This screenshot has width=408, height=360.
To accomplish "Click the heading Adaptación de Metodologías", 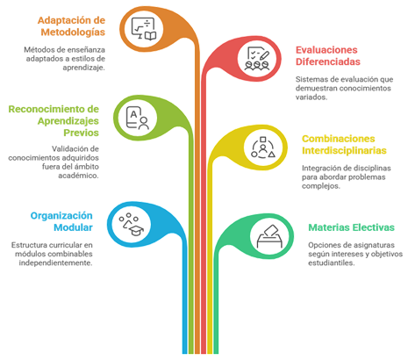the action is pyautogui.click(x=71, y=26).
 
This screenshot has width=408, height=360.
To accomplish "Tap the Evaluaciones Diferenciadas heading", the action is pyautogui.click(x=328, y=56).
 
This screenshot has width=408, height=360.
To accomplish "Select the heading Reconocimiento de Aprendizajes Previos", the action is pyautogui.click(x=54, y=121).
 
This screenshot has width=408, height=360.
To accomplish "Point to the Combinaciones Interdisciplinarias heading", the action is pyautogui.click(x=344, y=145).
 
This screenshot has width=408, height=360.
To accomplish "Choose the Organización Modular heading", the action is pyautogui.click(x=61, y=221).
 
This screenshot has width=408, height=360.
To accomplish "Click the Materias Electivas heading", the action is pyautogui.click(x=351, y=227).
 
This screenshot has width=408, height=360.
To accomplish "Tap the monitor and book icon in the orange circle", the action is pyautogui.click(x=144, y=29).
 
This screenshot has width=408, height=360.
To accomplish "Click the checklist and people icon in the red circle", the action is pyautogui.click(x=257, y=59).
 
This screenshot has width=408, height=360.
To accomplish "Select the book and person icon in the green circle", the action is pyautogui.click(x=137, y=118).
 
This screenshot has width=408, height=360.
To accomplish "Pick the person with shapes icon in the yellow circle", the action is pyautogui.click(x=263, y=148).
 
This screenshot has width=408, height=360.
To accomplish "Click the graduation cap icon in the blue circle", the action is pyautogui.click(x=131, y=225).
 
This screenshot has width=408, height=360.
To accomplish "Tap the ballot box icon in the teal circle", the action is pyautogui.click(x=269, y=236).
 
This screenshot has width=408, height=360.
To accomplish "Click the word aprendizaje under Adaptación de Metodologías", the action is pyautogui.click(x=83, y=68).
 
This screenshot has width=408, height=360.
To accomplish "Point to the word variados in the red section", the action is pyautogui.click(x=311, y=97).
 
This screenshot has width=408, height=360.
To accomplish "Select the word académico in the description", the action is pyautogui.click(x=78, y=176).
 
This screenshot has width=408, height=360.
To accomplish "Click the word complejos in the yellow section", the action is pyautogui.click(x=321, y=186).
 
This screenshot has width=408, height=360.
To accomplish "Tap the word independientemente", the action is pyautogui.click(x=55, y=263).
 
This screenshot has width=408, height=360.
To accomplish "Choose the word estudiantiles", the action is pyautogui.click(x=332, y=263).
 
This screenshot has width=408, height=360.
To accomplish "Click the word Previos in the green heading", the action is pyautogui.click(x=82, y=133).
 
